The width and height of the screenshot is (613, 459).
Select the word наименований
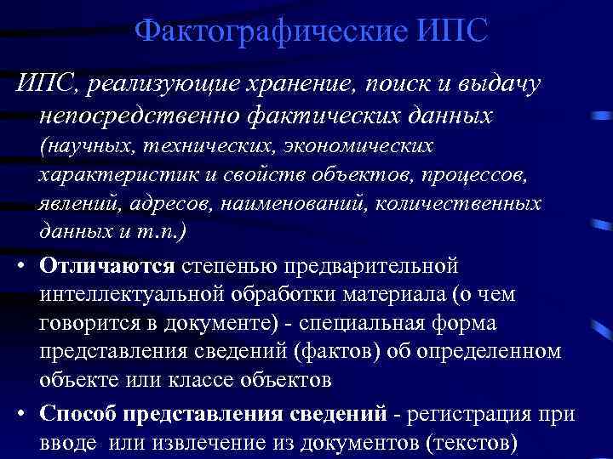(x=289, y=205)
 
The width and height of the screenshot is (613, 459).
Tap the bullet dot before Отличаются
(x=19, y=265)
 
